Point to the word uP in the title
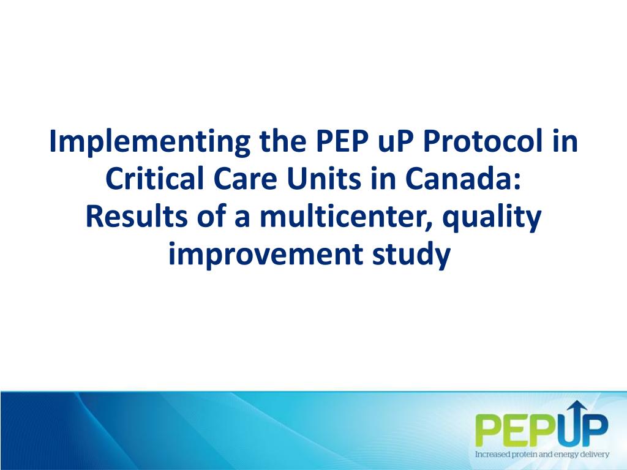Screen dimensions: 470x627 pos(392,143)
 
